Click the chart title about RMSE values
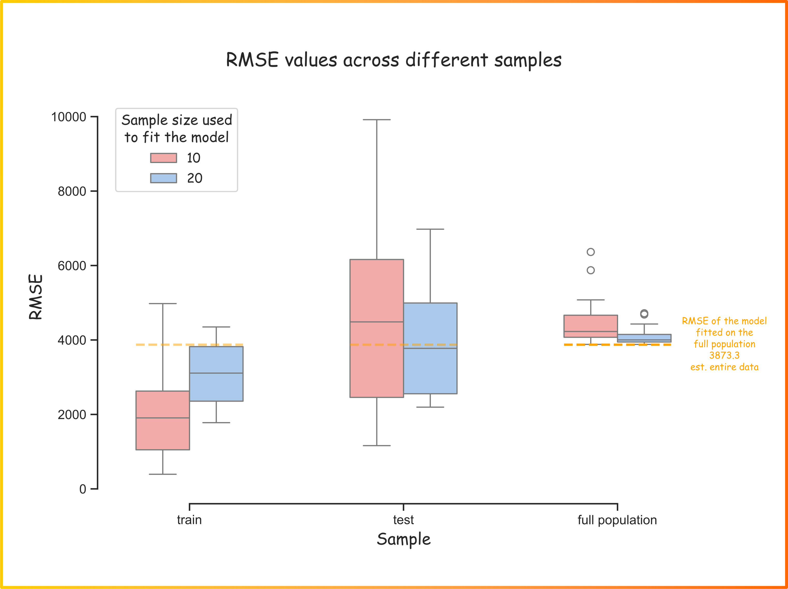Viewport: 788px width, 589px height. tap(394, 60)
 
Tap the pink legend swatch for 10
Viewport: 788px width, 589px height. tap(163, 158)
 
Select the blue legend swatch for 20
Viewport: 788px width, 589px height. tap(163, 178)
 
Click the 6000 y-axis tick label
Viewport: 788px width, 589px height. tap(72, 266)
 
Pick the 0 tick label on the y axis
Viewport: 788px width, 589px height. tap(83, 489)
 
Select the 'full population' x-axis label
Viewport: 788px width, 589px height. tap(617, 520)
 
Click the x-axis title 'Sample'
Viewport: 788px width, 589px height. tap(404, 539)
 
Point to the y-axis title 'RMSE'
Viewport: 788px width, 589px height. tap(36, 297)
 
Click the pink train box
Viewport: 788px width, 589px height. tap(163, 420)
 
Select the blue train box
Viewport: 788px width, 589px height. tap(216, 374)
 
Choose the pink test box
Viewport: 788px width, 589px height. tap(377, 328)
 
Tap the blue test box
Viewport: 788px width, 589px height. tap(430, 348)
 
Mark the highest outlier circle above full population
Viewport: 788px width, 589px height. tap(591, 252)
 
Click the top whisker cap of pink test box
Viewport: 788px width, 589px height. tap(377, 120)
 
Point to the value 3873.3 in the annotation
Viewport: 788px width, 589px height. tap(724, 356)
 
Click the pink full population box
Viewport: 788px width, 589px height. tap(591, 326)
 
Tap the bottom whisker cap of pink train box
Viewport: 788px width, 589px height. tap(163, 474)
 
